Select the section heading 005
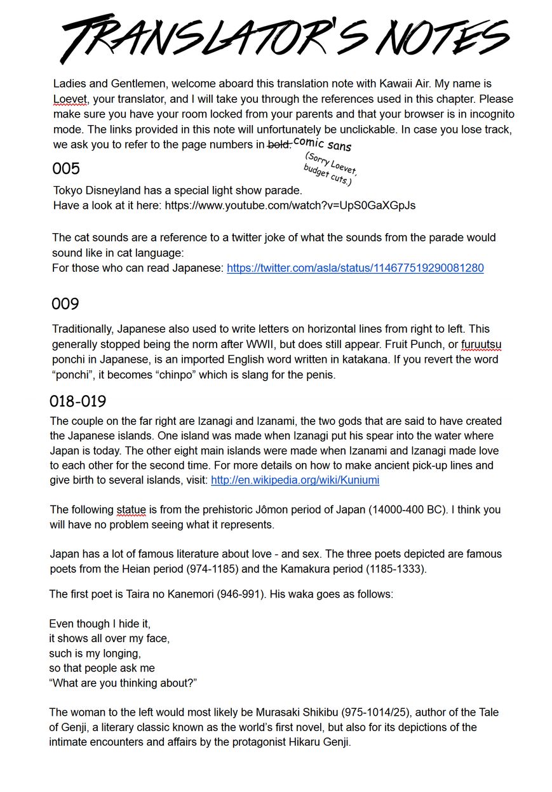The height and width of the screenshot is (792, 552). [66, 169]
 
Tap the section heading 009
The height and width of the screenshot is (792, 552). [65, 304]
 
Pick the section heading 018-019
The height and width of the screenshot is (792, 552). [78, 402]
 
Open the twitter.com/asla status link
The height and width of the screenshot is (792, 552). [355, 268]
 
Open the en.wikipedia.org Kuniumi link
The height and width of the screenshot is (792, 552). [295, 480]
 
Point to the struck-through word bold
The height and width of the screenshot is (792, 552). [279, 145]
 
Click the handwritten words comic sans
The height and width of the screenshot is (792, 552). [323, 144]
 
